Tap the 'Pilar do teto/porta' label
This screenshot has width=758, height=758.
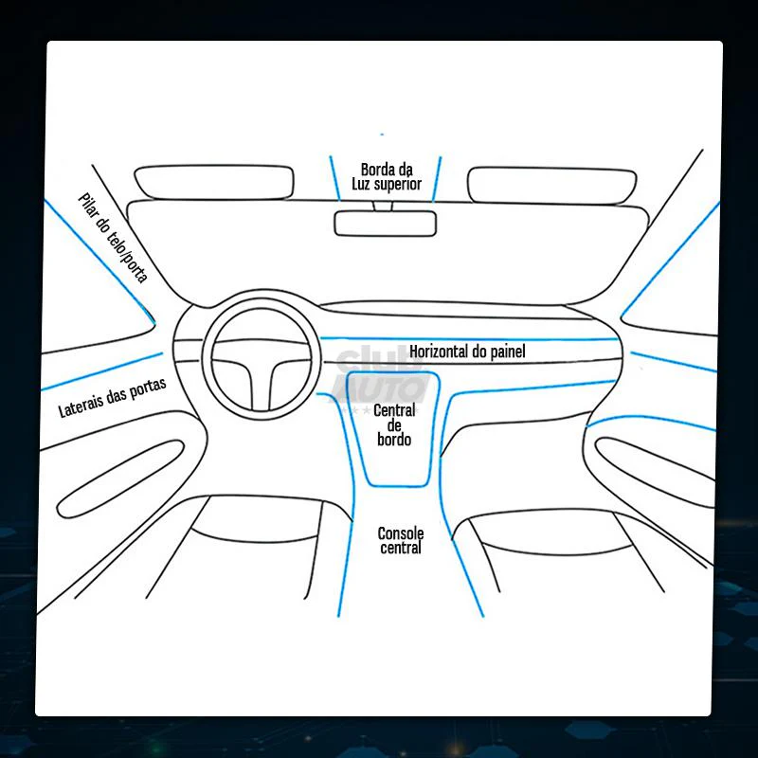pos(113,238)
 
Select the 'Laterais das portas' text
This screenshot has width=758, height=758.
pos(112,397)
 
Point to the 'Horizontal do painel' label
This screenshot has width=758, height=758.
pos(467,351)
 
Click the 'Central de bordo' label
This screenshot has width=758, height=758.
pos(394,424)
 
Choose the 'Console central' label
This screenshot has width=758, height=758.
pos(400,540)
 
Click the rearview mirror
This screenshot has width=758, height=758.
pos(386,224)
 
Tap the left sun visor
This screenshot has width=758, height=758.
pos(214,182)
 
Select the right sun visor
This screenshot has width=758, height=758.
pos(551,186)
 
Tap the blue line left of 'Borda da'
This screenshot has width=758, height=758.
pos(335,178)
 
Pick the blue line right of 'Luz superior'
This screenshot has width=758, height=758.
pos(437,179)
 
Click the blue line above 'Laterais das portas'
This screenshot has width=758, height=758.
pos(102,371)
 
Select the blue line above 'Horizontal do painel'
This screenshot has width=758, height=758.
pos(469,339)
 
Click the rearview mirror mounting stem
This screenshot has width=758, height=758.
pos(383,207)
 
